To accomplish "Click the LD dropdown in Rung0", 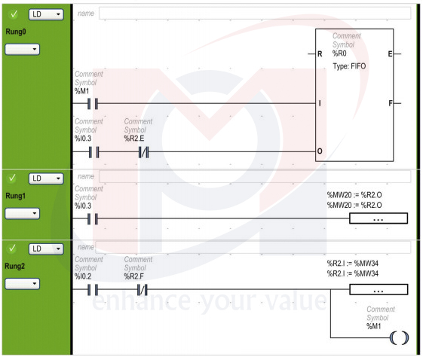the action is click(x=46, y=14).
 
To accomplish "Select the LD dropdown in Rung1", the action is click(x=46, y=178).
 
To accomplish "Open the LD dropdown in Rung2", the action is click(x=46, y=249).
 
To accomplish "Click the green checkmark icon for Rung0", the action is click(x=14, y=14).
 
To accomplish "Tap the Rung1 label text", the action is click(x=16, y=196).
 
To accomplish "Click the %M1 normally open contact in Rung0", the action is click(x=93, y=103).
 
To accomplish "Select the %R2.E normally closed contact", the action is click(x=143, y=152).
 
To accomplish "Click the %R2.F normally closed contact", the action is click(x=143, y=290).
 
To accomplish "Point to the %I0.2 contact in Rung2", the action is click(x=93, y=290).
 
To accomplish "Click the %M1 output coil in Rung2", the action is click(x=400, y=337).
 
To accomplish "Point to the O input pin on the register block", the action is click(x=320, y=151).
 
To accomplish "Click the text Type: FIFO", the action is click(x=349, y=66).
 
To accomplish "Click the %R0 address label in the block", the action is click(x=339, y=53).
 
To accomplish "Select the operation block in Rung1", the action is click(x=379, y=218).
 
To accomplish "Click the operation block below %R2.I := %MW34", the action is click(x=379, y=289).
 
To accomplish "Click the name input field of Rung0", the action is click(x=255, y=14).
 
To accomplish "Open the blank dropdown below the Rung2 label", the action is click(x=23, y=284).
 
